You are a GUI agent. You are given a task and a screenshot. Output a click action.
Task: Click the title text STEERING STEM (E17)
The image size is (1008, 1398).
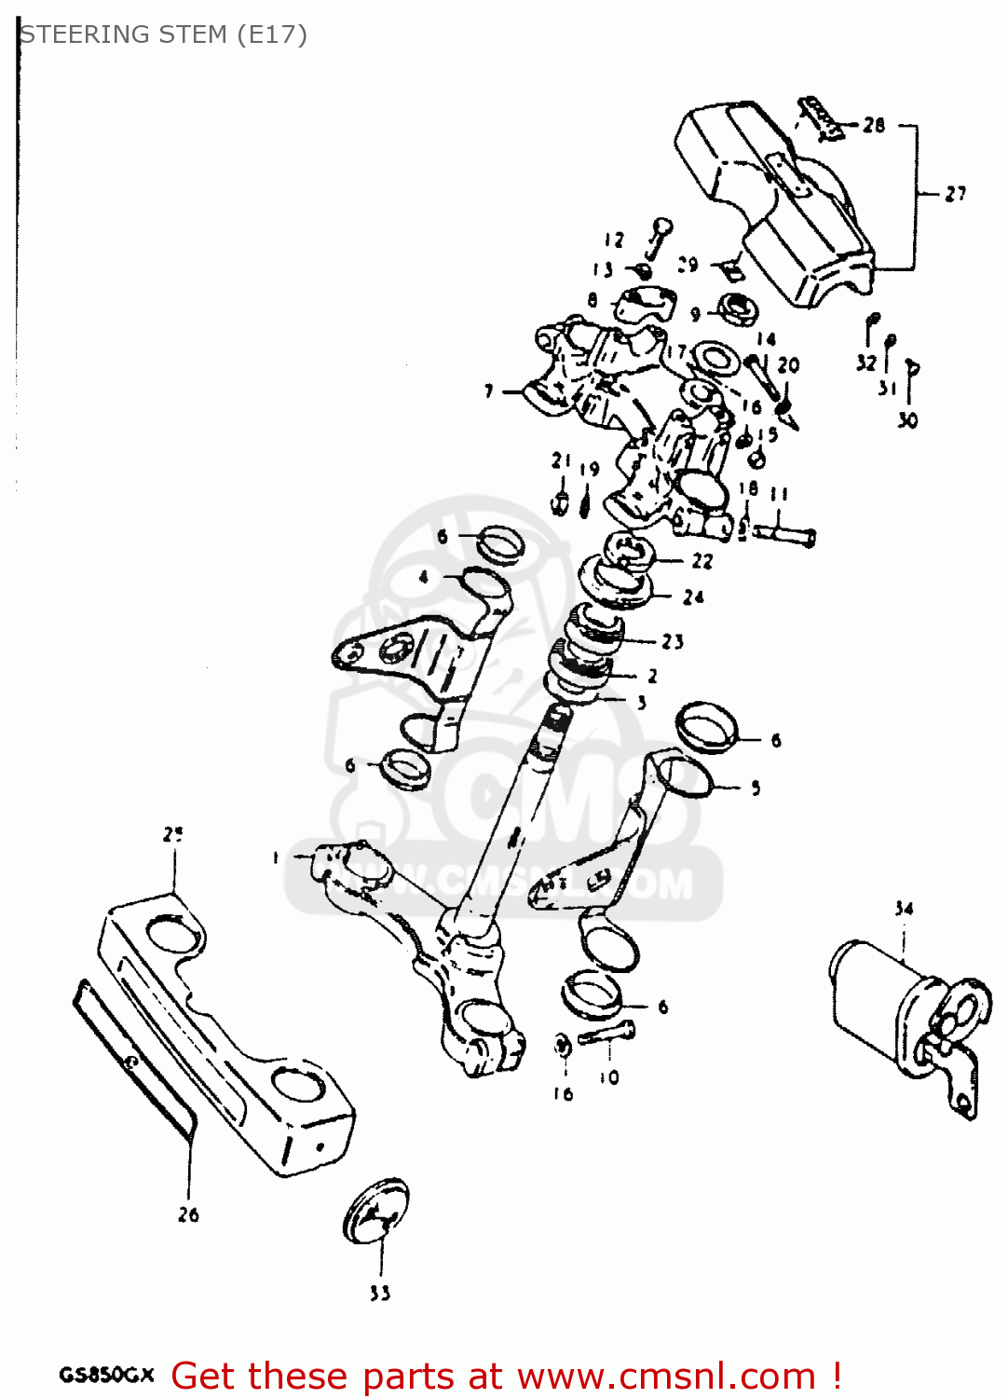click(163, 34)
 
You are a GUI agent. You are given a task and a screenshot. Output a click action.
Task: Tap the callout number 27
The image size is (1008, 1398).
click(955, 194)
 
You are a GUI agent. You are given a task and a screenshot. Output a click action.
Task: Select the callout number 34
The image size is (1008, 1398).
click(904, 908)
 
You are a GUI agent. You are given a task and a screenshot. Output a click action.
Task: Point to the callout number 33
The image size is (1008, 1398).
click(380, 1293)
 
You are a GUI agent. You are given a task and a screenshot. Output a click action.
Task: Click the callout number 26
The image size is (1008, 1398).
click(188, 1213)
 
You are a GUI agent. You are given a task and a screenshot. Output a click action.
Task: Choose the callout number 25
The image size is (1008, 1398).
click(173, 834)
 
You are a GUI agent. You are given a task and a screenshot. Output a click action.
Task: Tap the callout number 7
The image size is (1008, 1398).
click(489, 391)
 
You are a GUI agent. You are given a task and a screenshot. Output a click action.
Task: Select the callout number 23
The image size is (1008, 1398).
click(673, 641)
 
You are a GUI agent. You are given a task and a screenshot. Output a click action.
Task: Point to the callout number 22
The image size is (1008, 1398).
click(702, 560)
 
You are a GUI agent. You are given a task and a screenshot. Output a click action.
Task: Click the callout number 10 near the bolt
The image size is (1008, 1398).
click(609, 1077)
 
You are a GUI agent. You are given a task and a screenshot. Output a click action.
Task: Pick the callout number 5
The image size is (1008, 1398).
click(756, 788)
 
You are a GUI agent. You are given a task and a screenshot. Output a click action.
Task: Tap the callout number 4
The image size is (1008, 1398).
click(424, 577)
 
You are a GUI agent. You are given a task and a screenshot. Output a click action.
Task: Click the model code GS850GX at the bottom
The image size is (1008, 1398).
click(106, 1375)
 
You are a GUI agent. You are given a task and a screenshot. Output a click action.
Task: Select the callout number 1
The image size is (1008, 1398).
click(276, 857)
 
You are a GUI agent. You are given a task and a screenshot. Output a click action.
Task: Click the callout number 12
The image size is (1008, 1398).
click(613, 240)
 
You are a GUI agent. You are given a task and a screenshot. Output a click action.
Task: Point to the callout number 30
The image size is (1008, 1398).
click(907, 420)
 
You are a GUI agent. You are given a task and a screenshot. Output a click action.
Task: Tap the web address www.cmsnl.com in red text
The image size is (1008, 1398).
click(666, 1376)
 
